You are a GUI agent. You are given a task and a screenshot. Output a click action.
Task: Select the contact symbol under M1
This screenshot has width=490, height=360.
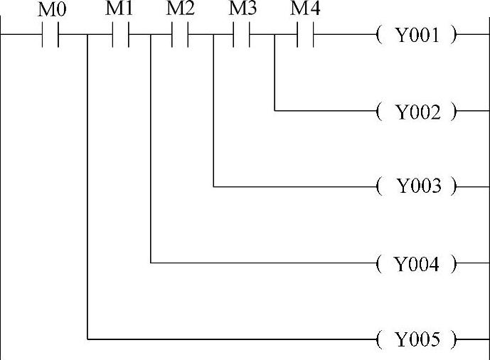point(120,34)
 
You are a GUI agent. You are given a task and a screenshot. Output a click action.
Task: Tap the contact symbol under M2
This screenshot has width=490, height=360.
point(181,34)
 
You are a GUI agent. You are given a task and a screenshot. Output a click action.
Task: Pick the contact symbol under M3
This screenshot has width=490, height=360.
point(242,34)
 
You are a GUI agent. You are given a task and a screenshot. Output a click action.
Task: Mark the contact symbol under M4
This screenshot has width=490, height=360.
point(304,34)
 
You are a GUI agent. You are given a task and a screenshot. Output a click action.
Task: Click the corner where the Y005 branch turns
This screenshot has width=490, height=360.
point(87,339)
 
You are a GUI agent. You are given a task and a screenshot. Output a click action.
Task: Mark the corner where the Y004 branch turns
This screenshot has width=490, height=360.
point(151,263)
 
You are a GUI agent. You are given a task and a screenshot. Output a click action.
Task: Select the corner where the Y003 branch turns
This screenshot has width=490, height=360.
point(214,187)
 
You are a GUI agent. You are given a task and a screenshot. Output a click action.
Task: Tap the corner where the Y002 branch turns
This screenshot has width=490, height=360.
point(275,111)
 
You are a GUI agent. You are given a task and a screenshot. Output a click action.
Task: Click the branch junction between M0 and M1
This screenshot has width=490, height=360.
point(87,34)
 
